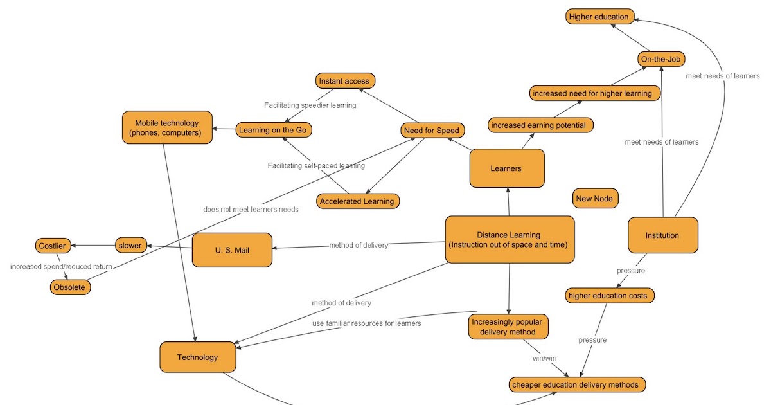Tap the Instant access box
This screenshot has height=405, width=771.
(x=345, y=81)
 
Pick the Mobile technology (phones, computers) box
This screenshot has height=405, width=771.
(x=167, y=127)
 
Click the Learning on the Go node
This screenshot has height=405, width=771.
(x=274, y=130)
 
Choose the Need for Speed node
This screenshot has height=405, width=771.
(x=431, y=130)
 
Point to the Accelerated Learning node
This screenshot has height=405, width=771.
(x=358, y=201)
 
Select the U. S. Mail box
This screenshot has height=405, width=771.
(x=232, y=249)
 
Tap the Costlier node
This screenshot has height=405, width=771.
(x=52, y=246)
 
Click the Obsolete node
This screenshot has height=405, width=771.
(x=70, y=287)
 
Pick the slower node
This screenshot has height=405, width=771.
(x=130, y=245)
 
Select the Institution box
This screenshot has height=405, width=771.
(x=662, y=235)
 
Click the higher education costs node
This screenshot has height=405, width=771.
(x=610, y=296)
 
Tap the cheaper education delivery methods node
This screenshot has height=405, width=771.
(x=576, y=384)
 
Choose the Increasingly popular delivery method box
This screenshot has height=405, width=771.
(x=508, y=327)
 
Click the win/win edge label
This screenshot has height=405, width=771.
(x=544, y=357)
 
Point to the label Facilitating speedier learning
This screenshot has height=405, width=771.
(x=310, y=105)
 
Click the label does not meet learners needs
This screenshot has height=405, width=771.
(x=251, y=209)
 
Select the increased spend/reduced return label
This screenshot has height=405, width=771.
(x=61, y=266)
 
